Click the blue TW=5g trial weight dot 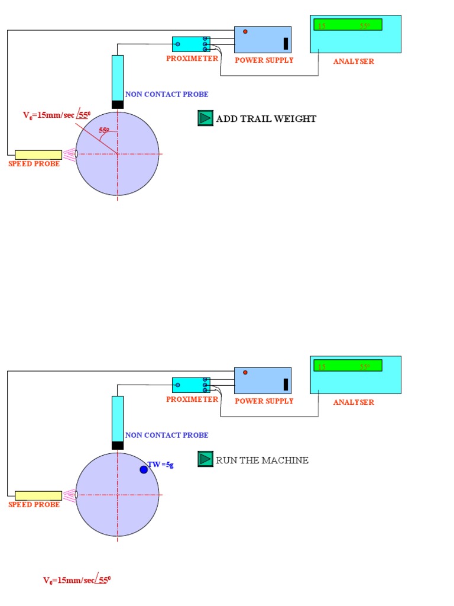point(144,469)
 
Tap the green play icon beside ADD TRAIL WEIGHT point(205,118)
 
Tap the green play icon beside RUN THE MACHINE point(205,459)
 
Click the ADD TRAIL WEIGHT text point(266,119)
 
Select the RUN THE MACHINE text point(262,460)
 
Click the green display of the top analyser point(348,25)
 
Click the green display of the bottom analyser point(348,366)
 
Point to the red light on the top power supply point(245,31)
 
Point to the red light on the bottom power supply point(245,372)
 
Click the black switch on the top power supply point(286,43)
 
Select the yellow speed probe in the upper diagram point(38,154)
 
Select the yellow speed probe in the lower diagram point(38,495)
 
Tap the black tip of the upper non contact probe point(118,105)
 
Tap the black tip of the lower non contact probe point(118,446)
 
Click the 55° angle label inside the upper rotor point(104,130)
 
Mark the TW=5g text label point(161,465)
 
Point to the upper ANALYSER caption point(354,61)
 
